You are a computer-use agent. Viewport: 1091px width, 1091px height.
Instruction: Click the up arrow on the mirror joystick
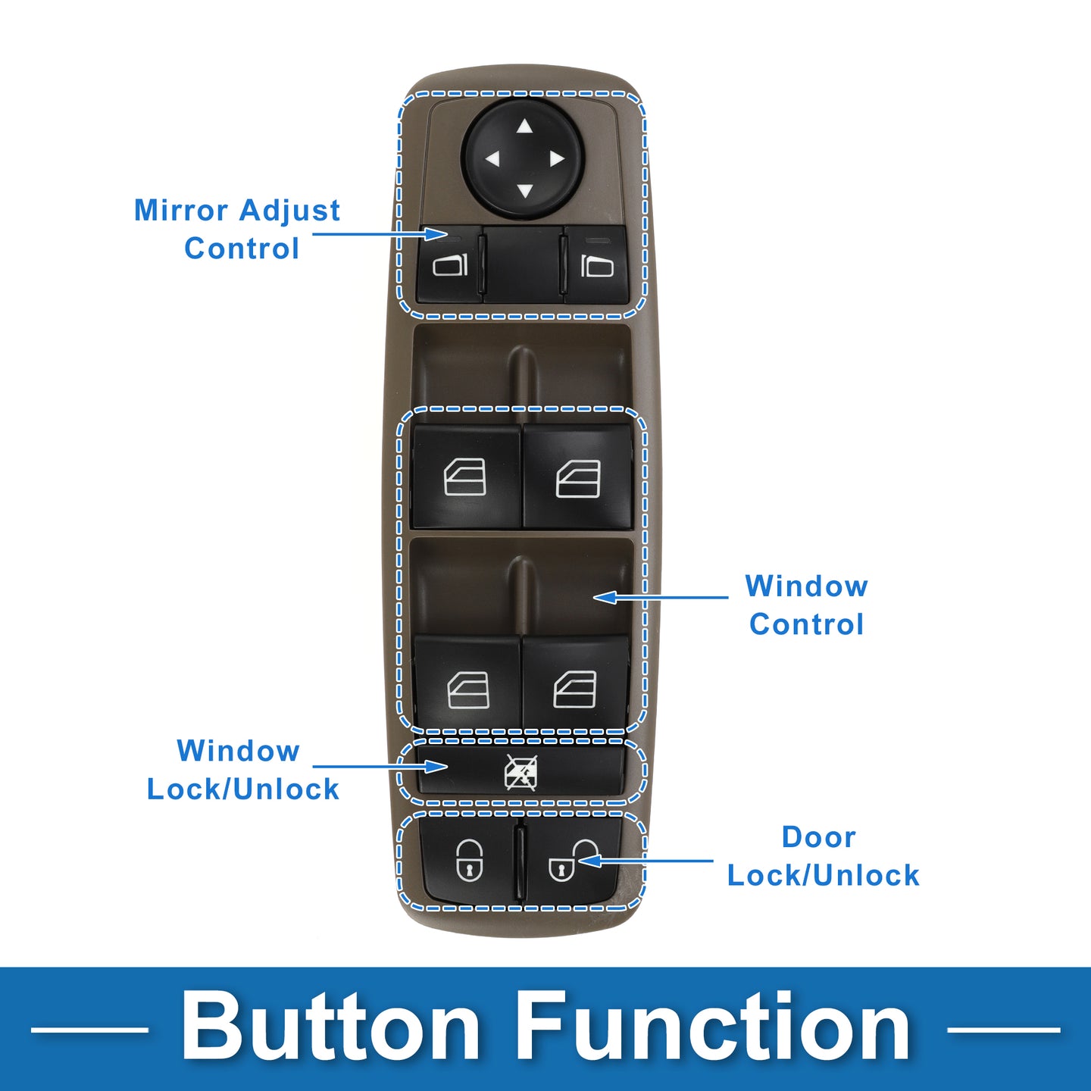click(x=524, y=127)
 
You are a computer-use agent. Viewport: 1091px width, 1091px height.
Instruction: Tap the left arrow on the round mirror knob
click(x=492, y=159)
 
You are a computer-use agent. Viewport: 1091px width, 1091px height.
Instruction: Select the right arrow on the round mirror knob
click(x=557, y=159)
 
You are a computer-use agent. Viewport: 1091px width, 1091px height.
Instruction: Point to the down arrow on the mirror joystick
click(x=524, y=191)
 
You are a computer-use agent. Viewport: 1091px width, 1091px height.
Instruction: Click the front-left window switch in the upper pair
click(x=464, y=477)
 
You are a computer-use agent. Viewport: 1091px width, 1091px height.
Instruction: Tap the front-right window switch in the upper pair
click(x=578, y=478)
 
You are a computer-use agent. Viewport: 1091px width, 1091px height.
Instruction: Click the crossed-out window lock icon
click(x=521, y=773)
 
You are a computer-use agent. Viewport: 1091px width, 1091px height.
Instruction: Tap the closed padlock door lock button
click(x=469, y=861)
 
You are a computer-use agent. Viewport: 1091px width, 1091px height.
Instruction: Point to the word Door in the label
click(x=818, y=837)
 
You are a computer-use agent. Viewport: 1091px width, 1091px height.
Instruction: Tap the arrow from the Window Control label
click(x=659, y=598)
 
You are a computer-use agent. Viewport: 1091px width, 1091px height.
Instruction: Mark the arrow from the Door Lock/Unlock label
click(x=644, y=861)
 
